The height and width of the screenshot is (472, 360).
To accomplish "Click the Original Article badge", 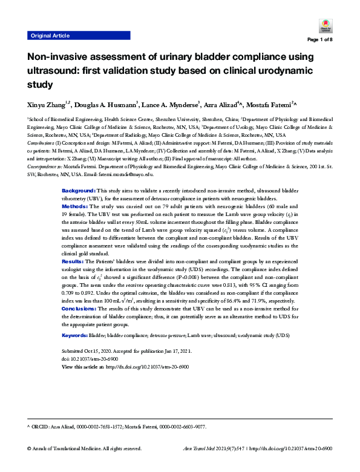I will (x=51, y=36).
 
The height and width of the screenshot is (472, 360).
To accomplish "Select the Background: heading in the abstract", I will (x=80, y=191).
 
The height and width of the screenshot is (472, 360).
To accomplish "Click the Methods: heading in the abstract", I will (x=77, y=206).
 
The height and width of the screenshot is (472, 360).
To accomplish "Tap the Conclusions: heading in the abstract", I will (x=82, y=309).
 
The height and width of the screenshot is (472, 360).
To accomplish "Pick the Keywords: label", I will (x=75, y=335).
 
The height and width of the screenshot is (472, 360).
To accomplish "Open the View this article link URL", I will (x=148, y=367).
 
